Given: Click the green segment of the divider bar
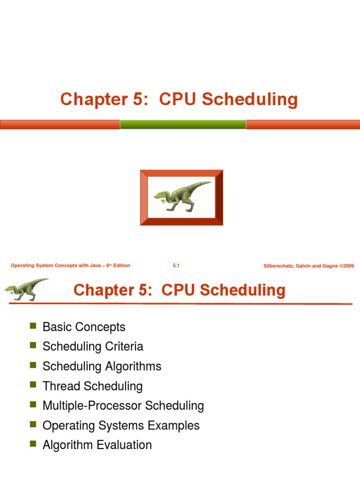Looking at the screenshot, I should tap(183, 124).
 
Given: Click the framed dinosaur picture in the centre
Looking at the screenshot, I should tap(181, 197).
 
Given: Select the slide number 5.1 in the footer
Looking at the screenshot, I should tap(176, 266).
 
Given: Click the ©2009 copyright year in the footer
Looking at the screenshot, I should tap(347, 266).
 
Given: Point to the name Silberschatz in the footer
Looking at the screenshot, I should tap(281, 266).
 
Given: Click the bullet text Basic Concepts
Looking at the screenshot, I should tap(84, 327).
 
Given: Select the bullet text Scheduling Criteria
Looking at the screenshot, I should tap(93, 346).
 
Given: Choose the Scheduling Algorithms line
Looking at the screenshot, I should tap(102, 366).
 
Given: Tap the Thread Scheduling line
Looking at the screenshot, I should tap(92, 386).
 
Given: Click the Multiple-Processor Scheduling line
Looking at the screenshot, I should tap(123, 405).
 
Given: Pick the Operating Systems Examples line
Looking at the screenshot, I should tap(121, 425).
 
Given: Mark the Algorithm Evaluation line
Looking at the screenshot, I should tap(97, 445).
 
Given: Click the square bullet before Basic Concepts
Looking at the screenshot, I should tap(33, 325).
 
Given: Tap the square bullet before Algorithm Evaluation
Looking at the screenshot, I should tap(33, 443).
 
